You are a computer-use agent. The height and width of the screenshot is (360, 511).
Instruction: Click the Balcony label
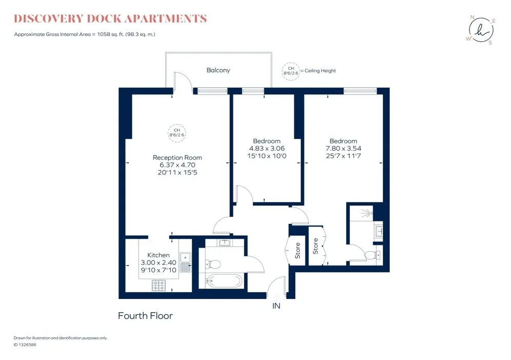click(x=218, y=70)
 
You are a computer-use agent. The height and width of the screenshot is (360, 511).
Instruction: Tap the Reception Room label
click(x=178, y=158)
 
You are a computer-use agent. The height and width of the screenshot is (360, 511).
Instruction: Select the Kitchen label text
click(x=159, y=255)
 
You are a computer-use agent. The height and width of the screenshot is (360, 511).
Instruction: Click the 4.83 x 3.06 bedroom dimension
click(x=267, y=148)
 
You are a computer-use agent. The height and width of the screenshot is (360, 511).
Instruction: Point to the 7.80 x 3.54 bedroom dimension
click(x=344, y=148)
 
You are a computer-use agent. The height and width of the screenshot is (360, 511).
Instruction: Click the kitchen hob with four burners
click(x=159, y=286)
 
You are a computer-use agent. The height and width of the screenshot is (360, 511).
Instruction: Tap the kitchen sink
click(x=185, y=262)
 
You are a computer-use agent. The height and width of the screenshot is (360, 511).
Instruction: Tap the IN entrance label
click(x=276, y=306)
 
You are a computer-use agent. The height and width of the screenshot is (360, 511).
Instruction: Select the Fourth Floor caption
click(x=145, y=316)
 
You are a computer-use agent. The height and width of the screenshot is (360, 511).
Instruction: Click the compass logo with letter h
click(x=481, y=30)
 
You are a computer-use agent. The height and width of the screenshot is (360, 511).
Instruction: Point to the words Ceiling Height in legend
click(x=320, y=71)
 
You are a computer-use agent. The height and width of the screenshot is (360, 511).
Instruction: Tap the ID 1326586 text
click(x=25, y=345)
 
